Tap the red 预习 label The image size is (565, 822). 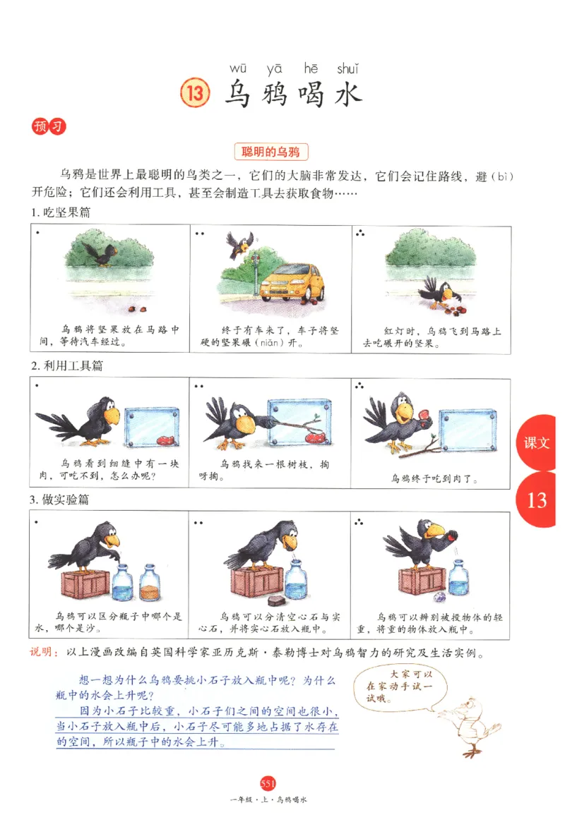point(48,128)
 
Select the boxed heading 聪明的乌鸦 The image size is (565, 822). point(270,152)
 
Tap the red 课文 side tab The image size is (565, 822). point(537,443)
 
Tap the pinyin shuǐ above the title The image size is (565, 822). point(347,68)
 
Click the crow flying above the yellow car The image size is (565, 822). point(239,245)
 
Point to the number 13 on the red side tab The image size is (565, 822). point(537,500)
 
